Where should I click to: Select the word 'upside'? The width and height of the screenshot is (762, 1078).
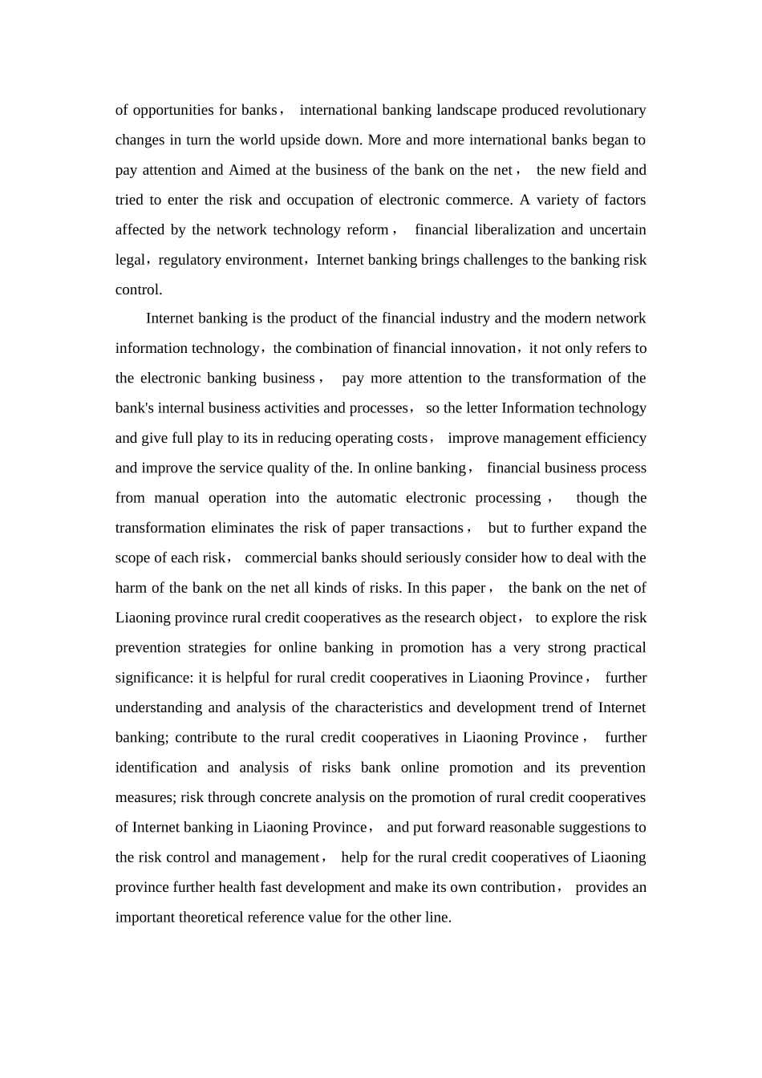(x=301, y=140)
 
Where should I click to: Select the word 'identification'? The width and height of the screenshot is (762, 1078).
(x=156, y=768)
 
